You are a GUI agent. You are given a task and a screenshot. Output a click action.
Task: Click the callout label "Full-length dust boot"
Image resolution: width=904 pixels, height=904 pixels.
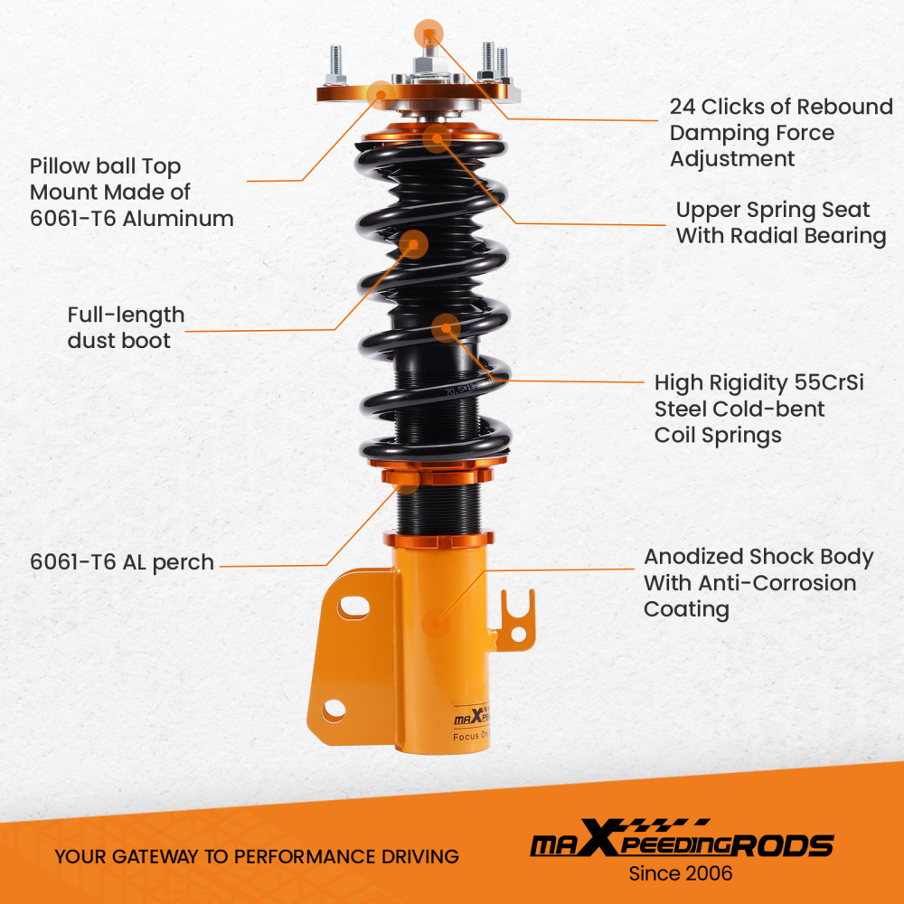tap(126, 327)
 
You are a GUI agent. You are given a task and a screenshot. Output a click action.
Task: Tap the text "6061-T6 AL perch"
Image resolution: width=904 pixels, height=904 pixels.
tap(122, 562)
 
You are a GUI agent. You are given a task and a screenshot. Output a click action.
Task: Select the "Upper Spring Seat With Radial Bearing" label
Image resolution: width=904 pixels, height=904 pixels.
tap(780, 223)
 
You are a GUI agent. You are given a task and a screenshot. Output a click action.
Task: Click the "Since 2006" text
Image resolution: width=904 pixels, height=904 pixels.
tap(681, 873)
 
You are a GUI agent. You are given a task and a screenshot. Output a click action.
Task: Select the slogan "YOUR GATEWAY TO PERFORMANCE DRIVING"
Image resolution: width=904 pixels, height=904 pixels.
tap(257, 856)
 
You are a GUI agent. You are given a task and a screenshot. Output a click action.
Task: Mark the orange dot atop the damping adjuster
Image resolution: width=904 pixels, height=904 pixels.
tap(428, 34)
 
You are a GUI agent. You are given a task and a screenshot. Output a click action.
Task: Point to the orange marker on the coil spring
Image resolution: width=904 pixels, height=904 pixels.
tap(445, 327)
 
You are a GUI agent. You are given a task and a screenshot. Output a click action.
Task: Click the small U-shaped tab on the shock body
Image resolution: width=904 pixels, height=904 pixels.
tap(519, 617)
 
